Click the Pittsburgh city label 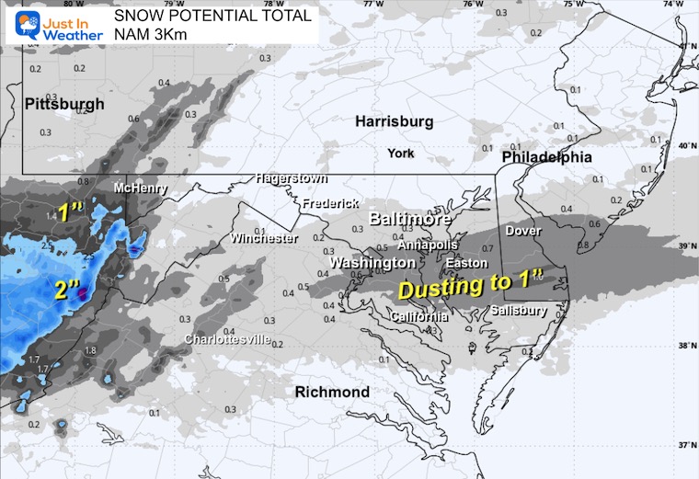(65, 105)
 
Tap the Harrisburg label (394, 121)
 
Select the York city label (401, 153)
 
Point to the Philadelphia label (546, 157)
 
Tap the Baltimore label (410, 220)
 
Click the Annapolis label (428, 245)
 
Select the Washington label (372, 263)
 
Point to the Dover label (523, 231)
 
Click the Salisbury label (519, 311)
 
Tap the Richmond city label (332, 393)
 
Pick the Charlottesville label (227, 339)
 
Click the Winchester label (264, 239)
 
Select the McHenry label (140, 188)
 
